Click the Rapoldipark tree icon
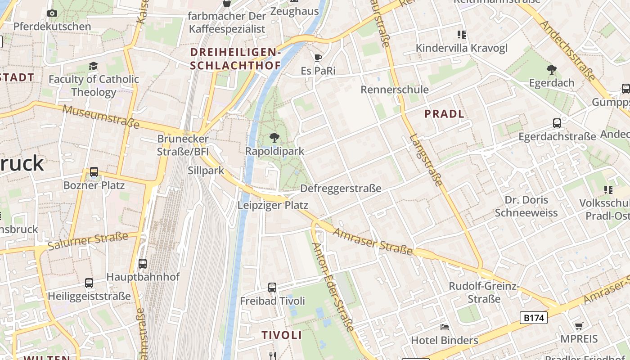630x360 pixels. (x=274, y=138)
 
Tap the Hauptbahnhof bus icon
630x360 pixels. (x=143, y=264)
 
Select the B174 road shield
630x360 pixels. (x=534, y=318)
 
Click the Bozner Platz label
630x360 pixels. (x=94, y=185)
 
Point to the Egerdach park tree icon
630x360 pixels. (x=551, y=69)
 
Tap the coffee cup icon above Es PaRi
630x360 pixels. (x=318, y=58)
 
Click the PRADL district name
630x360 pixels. (x=444, y=114)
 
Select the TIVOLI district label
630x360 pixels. (x=282, y=335)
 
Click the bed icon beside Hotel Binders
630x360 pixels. (x=445, y=327)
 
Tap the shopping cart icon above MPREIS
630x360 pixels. (x=579, y=326)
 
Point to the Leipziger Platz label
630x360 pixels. (x=273, y=205)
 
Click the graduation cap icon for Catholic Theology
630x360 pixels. (x=93, y=66)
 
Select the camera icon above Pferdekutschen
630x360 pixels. (x=52, y=13)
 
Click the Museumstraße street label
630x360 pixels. (x=101, y=116)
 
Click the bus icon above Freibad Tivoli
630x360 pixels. (x=272, y=287)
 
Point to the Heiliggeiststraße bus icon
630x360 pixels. (x=89, y=283)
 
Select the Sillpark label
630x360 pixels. (x=206, y=171)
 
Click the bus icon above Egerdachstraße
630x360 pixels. (x=557, y=123)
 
